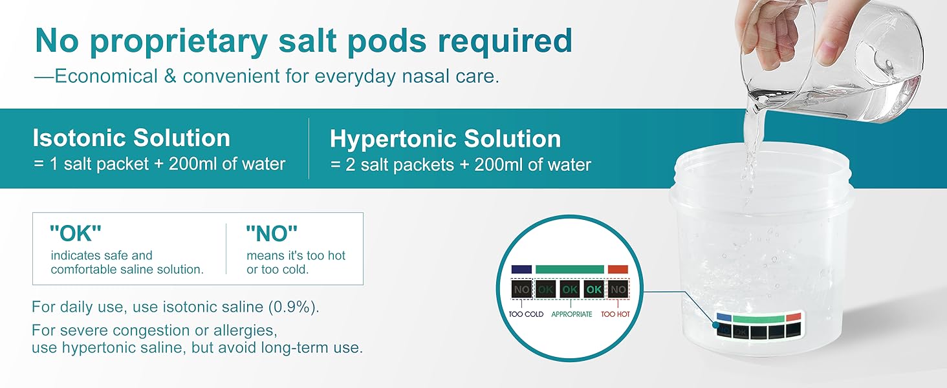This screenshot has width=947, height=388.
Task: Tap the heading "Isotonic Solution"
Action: [131, 138]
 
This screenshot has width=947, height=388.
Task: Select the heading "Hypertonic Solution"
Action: [445, 139]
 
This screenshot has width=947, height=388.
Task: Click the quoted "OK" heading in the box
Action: [75, 233]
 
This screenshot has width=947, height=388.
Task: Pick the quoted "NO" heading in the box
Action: [272, 233]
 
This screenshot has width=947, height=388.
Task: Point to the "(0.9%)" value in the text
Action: [294, 307]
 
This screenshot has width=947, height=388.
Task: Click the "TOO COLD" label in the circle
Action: [526, 314]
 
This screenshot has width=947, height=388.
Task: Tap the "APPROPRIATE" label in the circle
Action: [572, 314]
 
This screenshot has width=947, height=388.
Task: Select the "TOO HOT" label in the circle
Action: [615, 314]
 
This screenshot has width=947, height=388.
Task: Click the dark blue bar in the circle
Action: [521, 269]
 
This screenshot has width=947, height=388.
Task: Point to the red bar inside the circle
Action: [618, 269]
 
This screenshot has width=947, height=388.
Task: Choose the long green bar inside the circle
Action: [569, 269]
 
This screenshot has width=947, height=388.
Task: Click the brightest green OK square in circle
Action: [594, 290]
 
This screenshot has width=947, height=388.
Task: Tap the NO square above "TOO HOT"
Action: [618, 290]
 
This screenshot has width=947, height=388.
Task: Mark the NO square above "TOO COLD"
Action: [521, 290]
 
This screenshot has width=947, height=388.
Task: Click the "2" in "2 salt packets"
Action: [350, 165]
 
